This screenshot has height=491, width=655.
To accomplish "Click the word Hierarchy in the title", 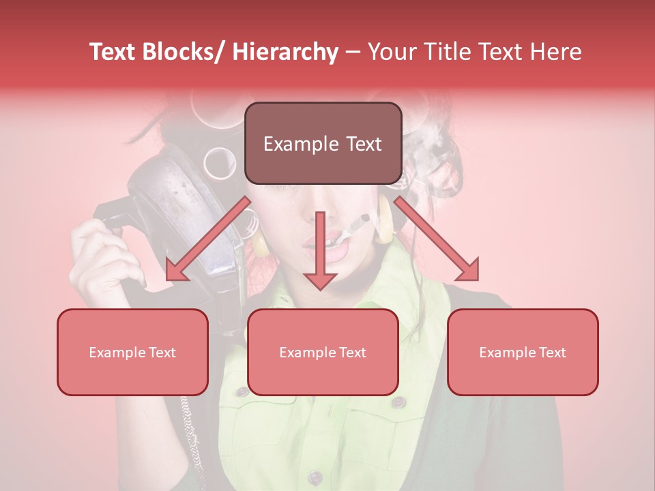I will [285, 52].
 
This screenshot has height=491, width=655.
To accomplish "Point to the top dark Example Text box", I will [323, 144].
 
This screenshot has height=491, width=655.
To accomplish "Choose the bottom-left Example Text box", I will [132, 352].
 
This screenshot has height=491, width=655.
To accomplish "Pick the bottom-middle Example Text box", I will [323, 352].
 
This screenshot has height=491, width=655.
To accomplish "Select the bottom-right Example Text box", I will [523, 352].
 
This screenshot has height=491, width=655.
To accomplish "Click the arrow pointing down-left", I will [205, 242].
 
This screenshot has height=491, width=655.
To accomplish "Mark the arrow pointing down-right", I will [440, 242].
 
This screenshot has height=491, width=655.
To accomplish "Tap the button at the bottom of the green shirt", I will [315, 477].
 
